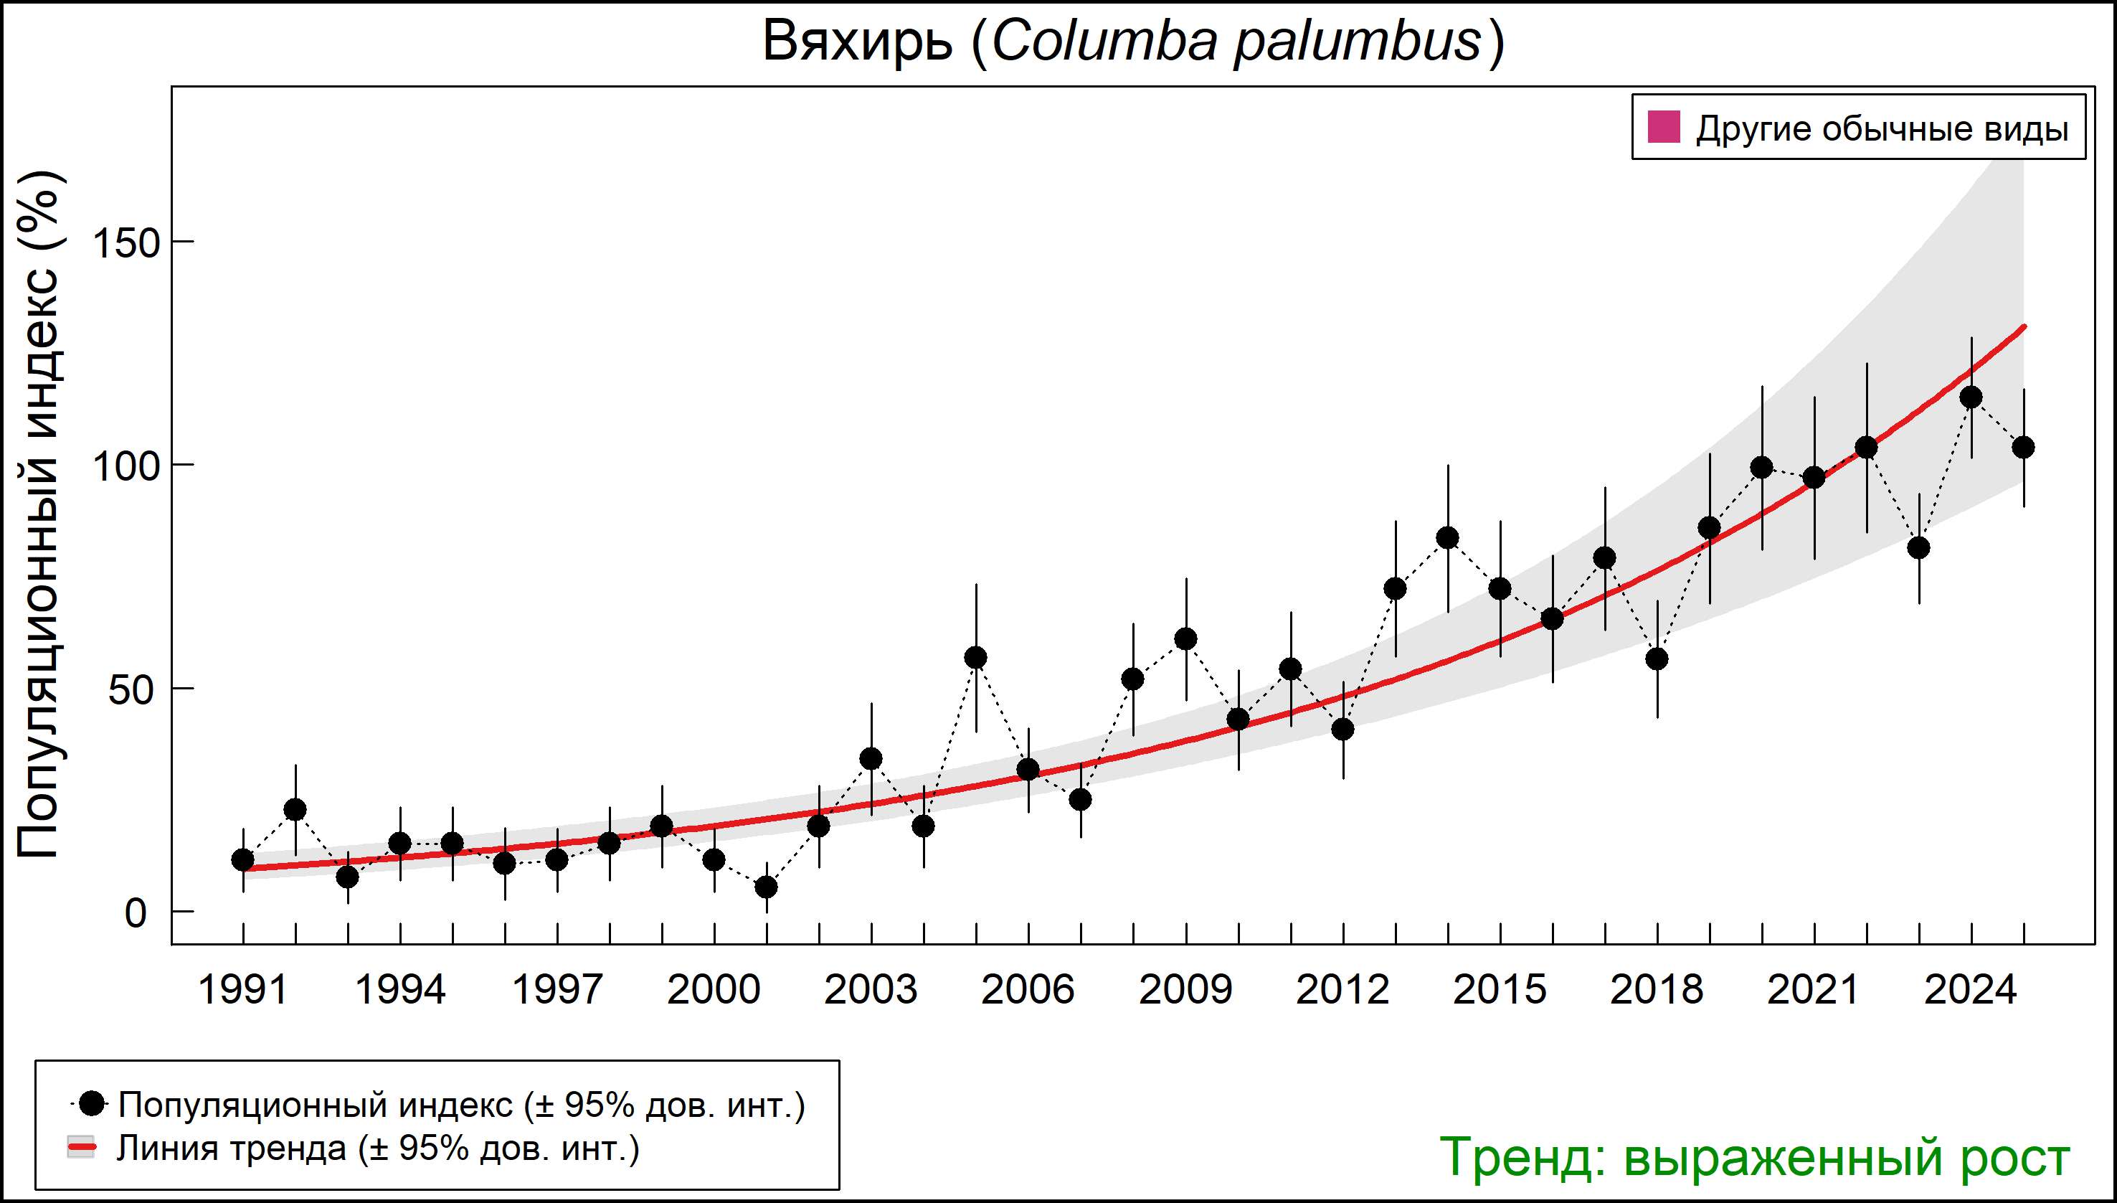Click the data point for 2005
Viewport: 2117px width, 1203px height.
[975, 658]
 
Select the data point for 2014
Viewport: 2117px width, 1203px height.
[1447, 538]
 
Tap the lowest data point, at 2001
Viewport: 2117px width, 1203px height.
[767, 887]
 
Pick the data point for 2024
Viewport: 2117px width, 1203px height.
[1971, 397]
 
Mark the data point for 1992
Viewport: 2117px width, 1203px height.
[295, 810]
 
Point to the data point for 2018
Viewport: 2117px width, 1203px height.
[1657, 659]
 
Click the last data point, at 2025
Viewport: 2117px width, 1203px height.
[2024, 448]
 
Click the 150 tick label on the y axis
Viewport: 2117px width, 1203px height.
[125, 243]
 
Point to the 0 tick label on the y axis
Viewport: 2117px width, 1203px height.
[136, 914]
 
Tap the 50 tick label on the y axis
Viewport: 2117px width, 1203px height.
[131, 690]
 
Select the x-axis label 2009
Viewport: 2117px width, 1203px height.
[1185, 990]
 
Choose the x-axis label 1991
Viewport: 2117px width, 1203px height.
[243, 990]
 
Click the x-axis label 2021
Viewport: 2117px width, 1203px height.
[1813, 990]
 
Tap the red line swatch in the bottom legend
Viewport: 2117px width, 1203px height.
[81, 1148]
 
